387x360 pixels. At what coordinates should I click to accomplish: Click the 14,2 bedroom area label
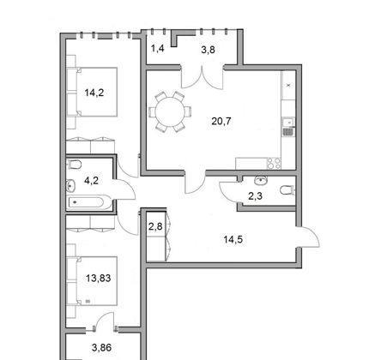(94, 93)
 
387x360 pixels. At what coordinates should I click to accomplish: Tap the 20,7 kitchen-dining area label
(221, 122)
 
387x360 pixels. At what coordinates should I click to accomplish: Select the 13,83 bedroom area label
(99, 278)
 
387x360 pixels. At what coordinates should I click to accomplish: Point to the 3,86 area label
(102, 348)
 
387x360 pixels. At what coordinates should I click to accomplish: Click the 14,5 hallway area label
(233, 239)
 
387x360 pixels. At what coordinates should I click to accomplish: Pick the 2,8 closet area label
(155, 226)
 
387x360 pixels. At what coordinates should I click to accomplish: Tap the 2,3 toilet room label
(256, 196)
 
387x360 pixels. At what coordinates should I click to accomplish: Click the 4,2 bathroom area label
(91, 181)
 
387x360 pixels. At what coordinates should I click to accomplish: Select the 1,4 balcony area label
(157, 49)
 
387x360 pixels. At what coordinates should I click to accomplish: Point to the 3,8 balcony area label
(208, 50)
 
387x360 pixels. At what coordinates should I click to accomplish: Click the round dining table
(170, 111)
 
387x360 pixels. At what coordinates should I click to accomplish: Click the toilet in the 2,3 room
(287, 190)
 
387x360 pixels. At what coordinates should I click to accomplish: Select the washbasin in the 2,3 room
(261, 181)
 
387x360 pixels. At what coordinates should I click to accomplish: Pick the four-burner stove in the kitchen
(274, 164)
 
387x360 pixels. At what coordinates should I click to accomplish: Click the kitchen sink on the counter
(288, 123)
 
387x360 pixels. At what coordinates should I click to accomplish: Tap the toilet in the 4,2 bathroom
(75, 165)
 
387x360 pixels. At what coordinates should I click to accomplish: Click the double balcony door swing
(203, 77)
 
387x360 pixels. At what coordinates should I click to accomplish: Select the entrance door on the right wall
(308, 237)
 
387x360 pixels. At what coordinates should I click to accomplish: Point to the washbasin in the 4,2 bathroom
(70, 186)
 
